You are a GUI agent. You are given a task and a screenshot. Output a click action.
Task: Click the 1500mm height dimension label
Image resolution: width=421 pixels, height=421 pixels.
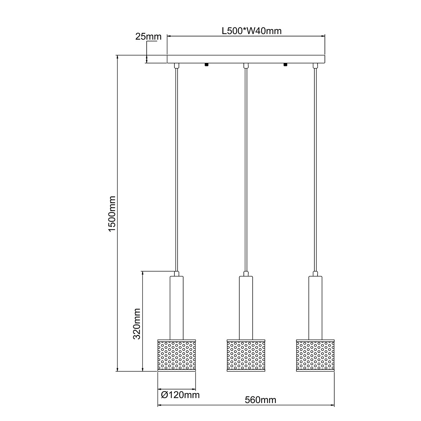(112, 214)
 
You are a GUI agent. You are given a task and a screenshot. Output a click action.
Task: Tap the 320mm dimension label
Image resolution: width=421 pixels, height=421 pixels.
(137, 323)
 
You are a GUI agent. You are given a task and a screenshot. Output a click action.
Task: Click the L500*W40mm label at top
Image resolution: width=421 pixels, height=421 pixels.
(252, 31)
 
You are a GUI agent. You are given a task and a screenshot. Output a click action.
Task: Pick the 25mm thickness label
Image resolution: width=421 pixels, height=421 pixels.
(148, 36)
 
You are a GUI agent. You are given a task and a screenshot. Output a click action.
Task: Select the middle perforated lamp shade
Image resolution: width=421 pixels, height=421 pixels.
(246, 355)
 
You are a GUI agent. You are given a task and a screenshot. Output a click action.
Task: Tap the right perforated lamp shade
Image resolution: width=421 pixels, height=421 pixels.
(315, 355)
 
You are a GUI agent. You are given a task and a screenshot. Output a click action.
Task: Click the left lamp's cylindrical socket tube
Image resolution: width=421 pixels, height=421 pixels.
(176, 307)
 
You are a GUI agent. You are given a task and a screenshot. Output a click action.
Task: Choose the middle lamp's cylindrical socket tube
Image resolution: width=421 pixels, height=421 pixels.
(246, 307)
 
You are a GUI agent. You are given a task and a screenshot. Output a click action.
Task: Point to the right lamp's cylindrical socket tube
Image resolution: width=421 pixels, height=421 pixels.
(315, 307)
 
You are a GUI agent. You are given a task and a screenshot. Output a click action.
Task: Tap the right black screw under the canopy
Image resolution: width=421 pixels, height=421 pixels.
(285, 65)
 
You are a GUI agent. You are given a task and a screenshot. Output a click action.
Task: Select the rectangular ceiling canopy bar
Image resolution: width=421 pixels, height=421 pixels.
(246, 59)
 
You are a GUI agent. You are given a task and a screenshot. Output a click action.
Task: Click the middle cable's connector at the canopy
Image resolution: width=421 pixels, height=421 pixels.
(246, 66)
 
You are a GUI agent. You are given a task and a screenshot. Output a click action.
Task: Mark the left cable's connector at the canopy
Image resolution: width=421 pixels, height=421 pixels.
(176, 66)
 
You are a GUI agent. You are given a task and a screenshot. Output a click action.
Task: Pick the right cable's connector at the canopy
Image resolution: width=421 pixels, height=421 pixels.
(315, 66)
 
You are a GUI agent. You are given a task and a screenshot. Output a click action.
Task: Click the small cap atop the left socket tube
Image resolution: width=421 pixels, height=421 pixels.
(176, 274)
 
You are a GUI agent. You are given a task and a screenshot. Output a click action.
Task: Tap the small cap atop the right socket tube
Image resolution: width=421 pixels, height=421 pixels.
(315, 274)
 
